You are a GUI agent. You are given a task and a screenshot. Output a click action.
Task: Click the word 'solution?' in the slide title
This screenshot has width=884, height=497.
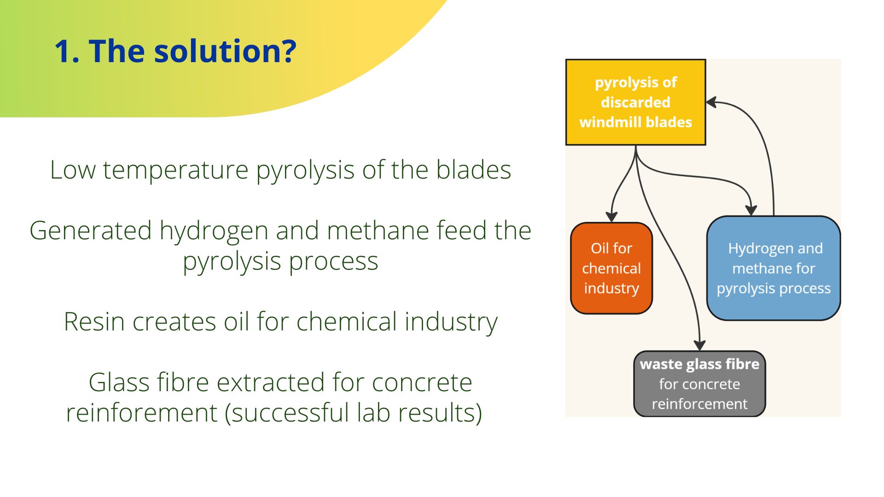coord(225,51)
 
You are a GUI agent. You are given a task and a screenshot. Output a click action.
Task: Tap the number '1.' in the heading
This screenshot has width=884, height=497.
coord(67,51)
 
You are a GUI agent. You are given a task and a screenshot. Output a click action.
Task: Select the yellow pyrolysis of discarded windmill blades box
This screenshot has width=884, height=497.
coord(635,102)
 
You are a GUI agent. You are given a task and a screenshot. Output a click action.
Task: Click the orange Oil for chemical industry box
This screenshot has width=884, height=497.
coord(611,268)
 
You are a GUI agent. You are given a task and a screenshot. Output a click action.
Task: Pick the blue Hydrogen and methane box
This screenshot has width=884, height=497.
coord(773,268)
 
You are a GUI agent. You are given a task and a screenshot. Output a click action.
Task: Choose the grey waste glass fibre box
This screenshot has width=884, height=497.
coord(699,384)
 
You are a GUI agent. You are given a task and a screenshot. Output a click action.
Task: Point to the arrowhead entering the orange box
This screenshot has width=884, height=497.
coord(611,217)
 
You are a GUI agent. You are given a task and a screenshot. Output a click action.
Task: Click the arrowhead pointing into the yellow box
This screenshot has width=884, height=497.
coord(712,102)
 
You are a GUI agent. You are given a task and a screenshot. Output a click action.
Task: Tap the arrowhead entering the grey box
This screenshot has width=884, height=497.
coord(700,345)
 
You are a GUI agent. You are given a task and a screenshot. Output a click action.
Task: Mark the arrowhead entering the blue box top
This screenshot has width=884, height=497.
coord(751,210)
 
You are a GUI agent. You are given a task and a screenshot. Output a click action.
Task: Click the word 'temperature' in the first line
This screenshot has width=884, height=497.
coord(175,170)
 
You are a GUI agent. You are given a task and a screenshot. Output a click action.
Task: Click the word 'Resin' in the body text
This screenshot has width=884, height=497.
coord(94,321)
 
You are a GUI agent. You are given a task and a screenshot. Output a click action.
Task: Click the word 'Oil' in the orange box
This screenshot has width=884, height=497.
coord(599,248)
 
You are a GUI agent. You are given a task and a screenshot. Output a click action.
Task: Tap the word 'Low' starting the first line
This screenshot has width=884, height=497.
coord(73,170)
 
